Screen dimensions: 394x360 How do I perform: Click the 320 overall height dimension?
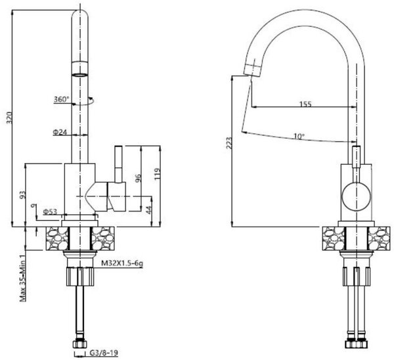(9, 118)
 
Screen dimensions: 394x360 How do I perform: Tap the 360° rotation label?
(61, 99)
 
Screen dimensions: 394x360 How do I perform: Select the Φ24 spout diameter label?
(60, 132)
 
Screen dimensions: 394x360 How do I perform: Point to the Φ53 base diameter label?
(50, 212)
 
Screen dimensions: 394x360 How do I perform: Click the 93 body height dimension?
(22, 195)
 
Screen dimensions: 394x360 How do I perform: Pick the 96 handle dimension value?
(138, 178)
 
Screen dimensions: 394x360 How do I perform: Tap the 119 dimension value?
(157, 173)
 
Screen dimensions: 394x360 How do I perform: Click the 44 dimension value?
(149, 210)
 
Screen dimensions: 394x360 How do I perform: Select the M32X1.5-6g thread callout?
(122, 263)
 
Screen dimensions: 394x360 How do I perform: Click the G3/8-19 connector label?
(104, 353)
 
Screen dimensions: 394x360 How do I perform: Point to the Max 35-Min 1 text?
(22, 277)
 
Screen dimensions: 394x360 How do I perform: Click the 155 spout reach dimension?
(305, 104)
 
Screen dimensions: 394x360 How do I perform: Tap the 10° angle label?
(299, 136)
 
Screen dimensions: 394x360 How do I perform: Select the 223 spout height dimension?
(229, 143)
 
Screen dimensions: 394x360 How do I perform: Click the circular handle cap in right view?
(357, 196)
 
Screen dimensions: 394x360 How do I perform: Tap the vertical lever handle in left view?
(118, 164)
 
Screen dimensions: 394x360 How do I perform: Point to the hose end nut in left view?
(80, 344)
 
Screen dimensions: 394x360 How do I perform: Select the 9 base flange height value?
(32, 206)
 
